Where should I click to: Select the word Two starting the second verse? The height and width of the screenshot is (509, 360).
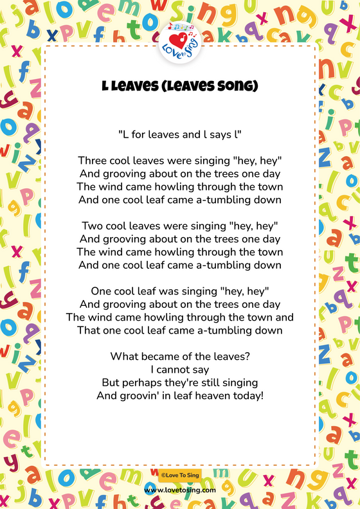point(93,226)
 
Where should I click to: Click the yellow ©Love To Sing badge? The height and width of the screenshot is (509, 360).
point(180,474)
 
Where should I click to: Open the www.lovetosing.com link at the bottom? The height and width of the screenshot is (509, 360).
point(180,490)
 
